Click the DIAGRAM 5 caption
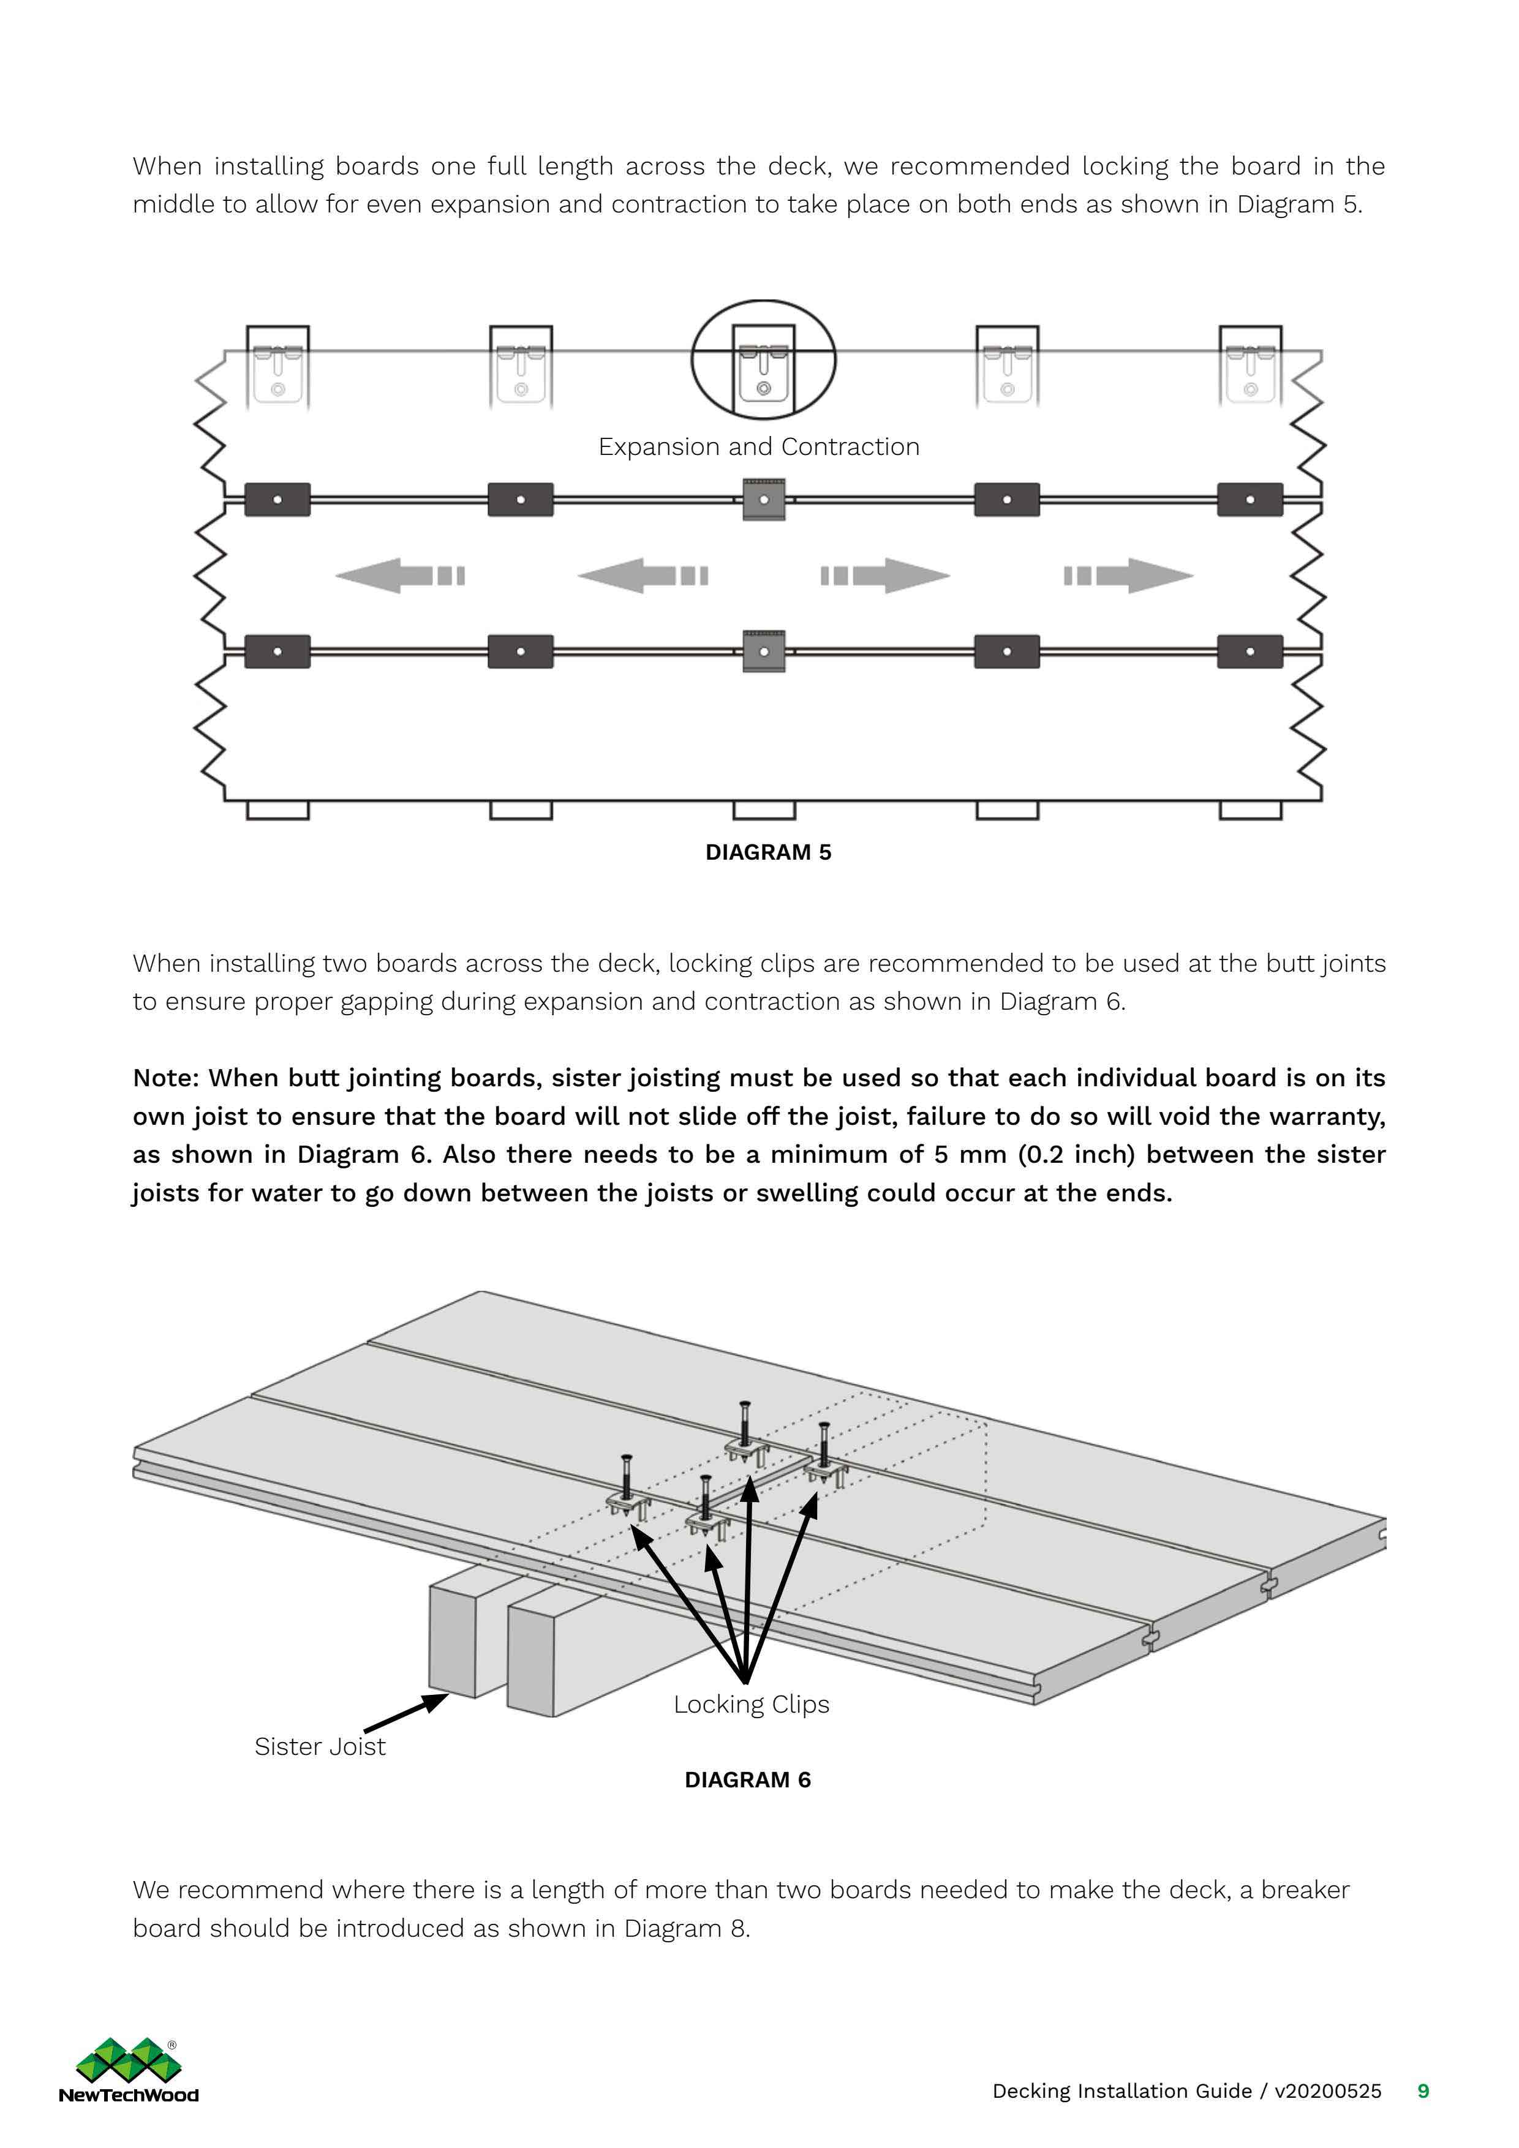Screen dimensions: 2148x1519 pos(767,852)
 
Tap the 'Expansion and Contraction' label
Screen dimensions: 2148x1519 pos(758,447)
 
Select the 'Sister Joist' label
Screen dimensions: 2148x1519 pos(319,1747)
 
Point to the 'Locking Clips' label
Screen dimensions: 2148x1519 pos(750,1705)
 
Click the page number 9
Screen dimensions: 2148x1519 pos(1423,2091)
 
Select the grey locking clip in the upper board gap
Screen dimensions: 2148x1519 pos(764,500)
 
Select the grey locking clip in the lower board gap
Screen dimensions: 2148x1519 pos(764,651)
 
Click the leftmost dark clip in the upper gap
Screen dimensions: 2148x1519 pos(277,500)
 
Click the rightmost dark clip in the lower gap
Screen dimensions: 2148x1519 pos(1249,651)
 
